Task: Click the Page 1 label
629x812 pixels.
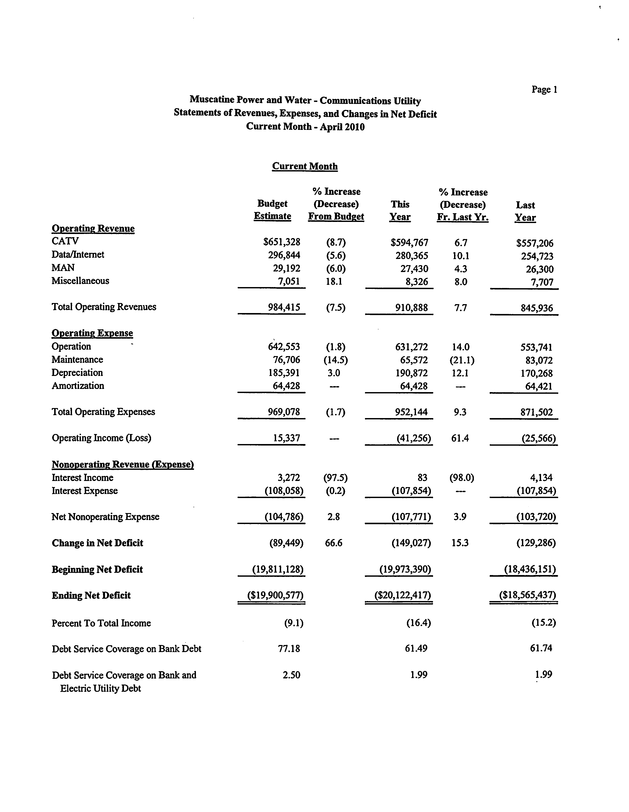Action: click(544, 90)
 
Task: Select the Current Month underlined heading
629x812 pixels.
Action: click(305, 166)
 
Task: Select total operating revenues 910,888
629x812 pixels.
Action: click(412, 307)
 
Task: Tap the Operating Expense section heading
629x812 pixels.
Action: click(92, 333)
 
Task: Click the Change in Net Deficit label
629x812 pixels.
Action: click(97, 543)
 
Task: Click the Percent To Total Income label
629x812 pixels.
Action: click(101, 623)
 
